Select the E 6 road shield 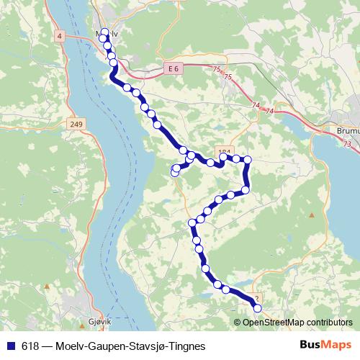pos(171,68)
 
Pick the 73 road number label pos(348,145)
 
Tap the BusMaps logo pos(325,345)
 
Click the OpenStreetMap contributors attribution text pos(297,322)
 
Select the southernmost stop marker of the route pos(258,309)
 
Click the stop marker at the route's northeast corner pos(248,159)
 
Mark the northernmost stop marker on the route pos(104,32)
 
